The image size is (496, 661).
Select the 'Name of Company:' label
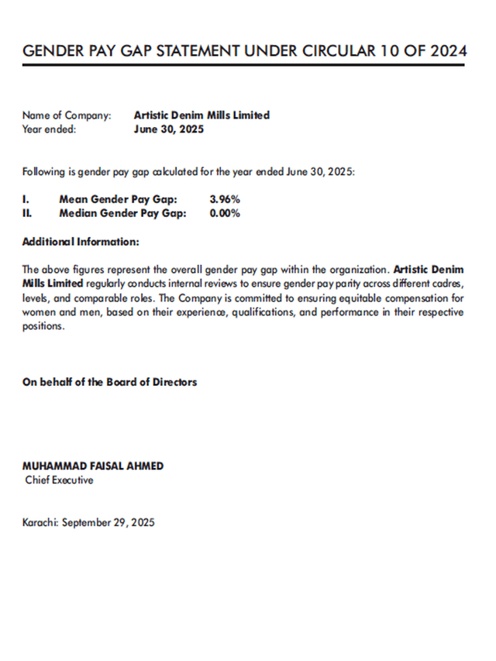pyautogui.click(x=67, y=115)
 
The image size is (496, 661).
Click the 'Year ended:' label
pyautogui.click(x=49, y=129)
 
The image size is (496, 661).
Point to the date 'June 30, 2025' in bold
pyautogui.click(x=169, y=129)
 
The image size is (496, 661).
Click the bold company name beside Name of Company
pyautogui.click(x=201, y=115)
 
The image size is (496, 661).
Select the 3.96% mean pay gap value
pyautogui.click(x=225, y=199)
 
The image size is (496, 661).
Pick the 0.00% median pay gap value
pyautogui.click(x=225, y=213)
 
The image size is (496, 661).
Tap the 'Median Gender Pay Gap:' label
pyautogui.click(x=122, y=213)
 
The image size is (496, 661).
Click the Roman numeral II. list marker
pyautogui.click(x=27, y=213)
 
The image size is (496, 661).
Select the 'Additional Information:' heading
pyautogui.click(x=81, y=242)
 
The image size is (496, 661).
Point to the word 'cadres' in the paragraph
pyautogui.click(x=448, y=284)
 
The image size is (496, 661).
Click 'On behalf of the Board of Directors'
pyautogui.click(x=109, y=382)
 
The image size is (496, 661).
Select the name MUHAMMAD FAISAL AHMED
pyautogui.click(x=93, y=466)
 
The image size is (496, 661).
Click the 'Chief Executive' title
pyautogui.click(x=60, y=480)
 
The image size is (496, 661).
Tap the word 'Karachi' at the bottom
pyautogui.click(x=40, y=522)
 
